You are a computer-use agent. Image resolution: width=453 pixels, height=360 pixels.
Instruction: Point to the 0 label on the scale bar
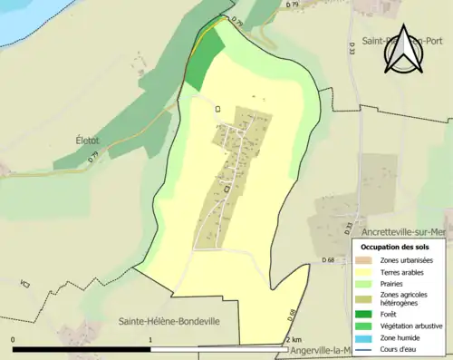click(14, 339)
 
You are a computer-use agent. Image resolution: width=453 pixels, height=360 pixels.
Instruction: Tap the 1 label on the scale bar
click(149, 339)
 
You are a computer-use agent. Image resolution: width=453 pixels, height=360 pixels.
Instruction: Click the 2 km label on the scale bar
click(291, 339)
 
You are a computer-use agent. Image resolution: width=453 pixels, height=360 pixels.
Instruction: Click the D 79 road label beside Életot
click(93, 158)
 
